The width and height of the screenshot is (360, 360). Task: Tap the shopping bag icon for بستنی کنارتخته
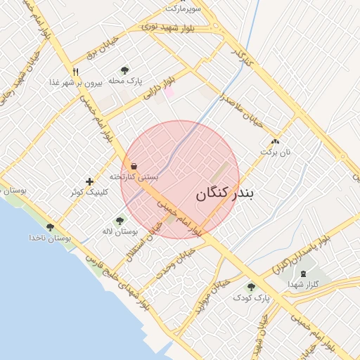[134, 167]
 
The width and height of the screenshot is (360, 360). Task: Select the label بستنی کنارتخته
[134, 177]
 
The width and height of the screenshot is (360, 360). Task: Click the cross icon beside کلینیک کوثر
[89, 181]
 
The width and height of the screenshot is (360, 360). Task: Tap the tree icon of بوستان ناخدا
[50, 227]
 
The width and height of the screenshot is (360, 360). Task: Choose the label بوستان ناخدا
[50, 238]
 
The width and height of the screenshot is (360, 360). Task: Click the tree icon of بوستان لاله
[119, 221]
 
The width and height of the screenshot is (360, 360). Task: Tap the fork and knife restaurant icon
[75, 71]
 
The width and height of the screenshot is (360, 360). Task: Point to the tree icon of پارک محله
[124, 70]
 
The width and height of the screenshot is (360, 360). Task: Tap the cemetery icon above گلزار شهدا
[303, 274]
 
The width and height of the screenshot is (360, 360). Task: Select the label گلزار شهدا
[303, 284]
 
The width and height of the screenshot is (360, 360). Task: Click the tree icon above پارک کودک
[251, 287]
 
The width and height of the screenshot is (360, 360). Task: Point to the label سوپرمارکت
[184, 8]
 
